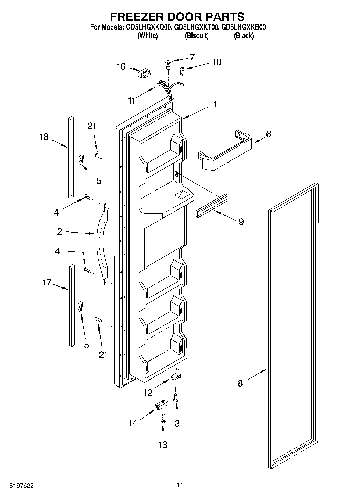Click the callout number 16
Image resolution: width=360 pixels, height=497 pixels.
121,66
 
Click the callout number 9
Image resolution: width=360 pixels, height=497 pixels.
241,221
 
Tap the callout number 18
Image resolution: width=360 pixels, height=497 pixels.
44,137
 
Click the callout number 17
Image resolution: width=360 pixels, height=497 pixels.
47,282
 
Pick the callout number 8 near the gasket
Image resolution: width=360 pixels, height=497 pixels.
240,383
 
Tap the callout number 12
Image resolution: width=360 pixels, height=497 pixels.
148,393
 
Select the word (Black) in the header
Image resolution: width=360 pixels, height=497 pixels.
244,35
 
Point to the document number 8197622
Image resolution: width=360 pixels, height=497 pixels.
22,486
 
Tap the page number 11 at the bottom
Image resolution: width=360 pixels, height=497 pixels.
180,485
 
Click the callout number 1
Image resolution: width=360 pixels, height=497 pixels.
215,104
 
